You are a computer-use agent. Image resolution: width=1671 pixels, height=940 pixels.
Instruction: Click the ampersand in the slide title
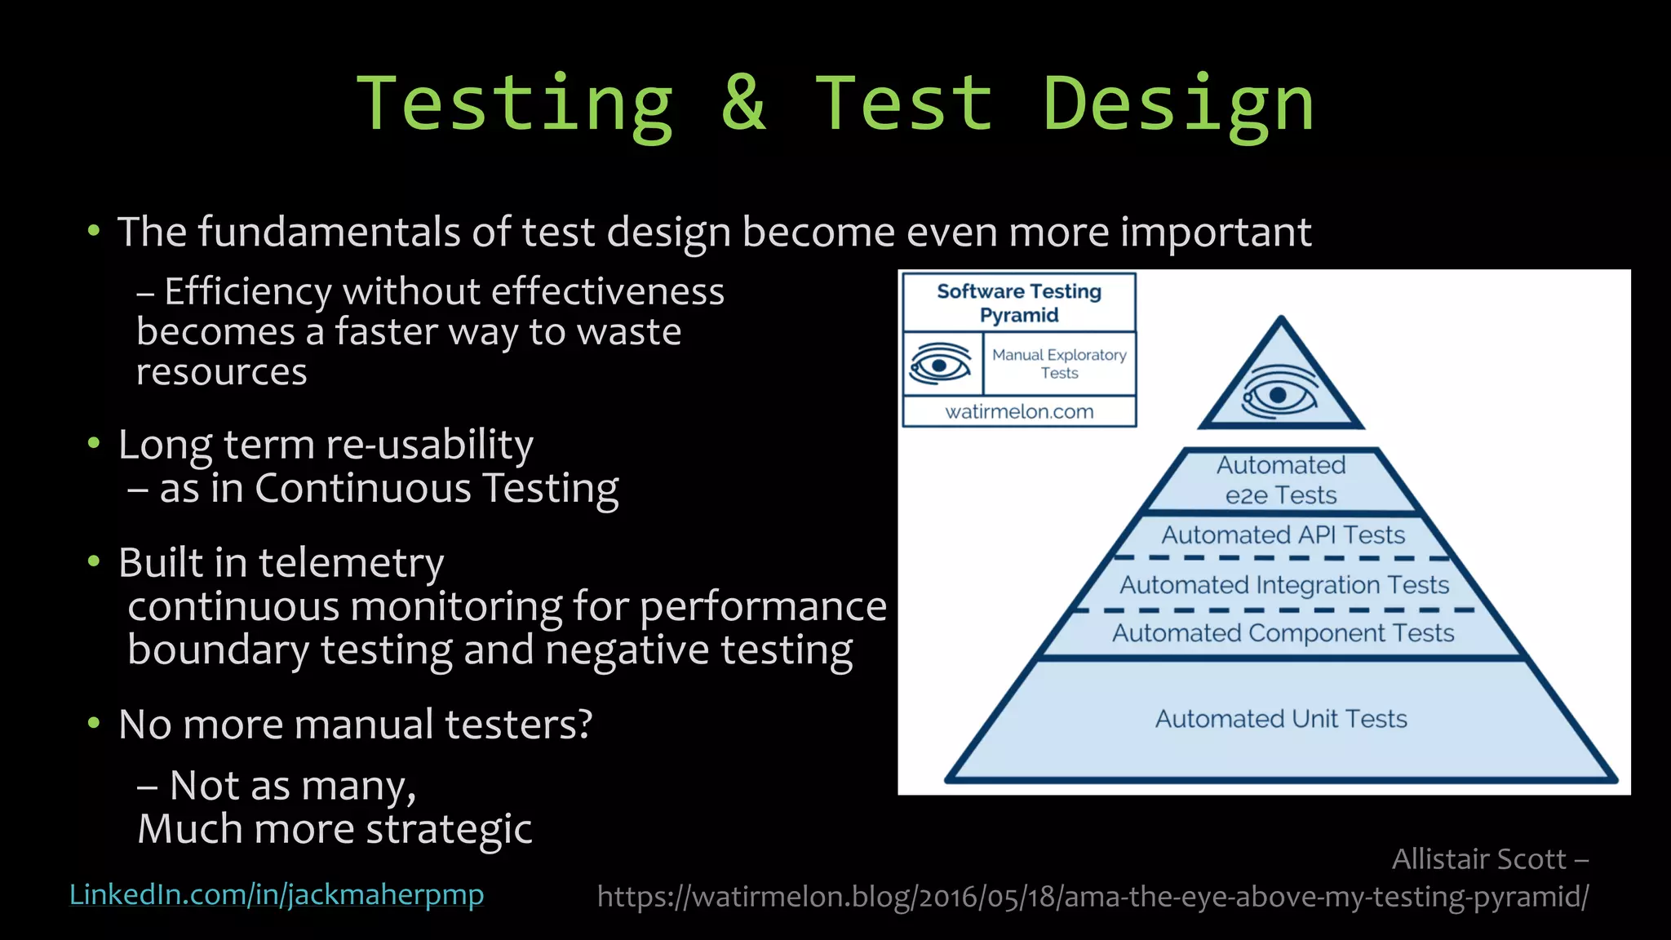(x=744, y=104)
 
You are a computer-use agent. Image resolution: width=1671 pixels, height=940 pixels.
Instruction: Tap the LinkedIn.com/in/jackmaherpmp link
(x=277, y=894)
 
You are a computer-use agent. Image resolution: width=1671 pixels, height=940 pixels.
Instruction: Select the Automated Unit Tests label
(x=1281, y=719)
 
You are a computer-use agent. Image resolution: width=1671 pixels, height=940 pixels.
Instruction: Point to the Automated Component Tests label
(x=1283, y=633)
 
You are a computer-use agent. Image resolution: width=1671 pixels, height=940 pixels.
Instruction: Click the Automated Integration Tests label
(x=1283, y=585)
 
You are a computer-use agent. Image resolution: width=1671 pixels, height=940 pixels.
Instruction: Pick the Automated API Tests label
(x=1283, y=535)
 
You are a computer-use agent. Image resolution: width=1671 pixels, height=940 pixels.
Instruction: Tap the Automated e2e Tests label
(x=1281, y=480)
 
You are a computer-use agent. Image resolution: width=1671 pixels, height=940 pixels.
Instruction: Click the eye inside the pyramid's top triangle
(x=1279, y=395)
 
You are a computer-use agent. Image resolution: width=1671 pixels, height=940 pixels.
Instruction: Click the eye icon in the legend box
(x=940, y=364)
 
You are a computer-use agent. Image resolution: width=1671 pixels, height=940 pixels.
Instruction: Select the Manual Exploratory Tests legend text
(x=1059, y=364)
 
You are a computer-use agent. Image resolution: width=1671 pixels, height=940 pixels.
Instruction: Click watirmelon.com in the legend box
(x=1019, y=412)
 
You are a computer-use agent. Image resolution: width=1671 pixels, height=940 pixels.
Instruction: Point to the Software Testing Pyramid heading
(x=1019, y=303)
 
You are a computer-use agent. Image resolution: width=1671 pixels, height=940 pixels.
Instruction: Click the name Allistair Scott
(x=1478, y=859)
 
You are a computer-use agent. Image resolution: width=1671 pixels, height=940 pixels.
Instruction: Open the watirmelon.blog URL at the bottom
(x=1093, y=897)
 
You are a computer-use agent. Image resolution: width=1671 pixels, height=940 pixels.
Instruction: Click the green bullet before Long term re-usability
(x=94, y=443)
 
